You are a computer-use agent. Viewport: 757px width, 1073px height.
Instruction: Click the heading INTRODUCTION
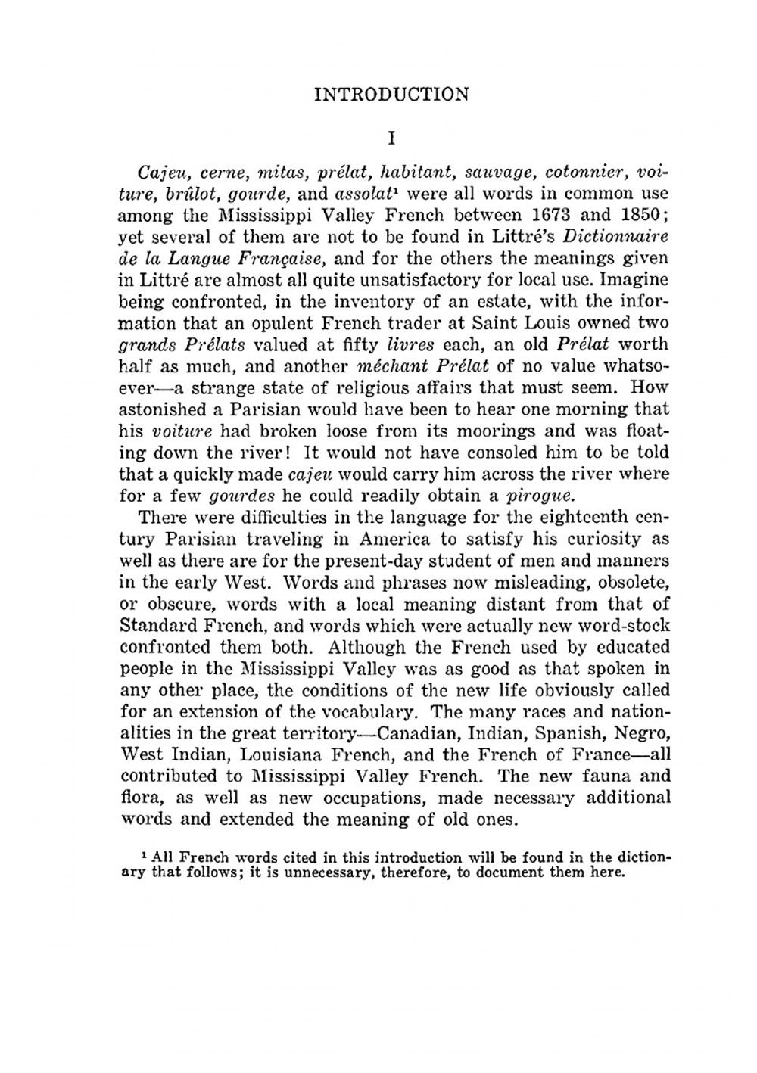[x=391, y=95]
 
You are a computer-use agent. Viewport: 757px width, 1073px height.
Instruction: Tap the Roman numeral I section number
[x=391, y=138]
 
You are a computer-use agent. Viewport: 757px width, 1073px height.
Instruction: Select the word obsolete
[x=634, y=583]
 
